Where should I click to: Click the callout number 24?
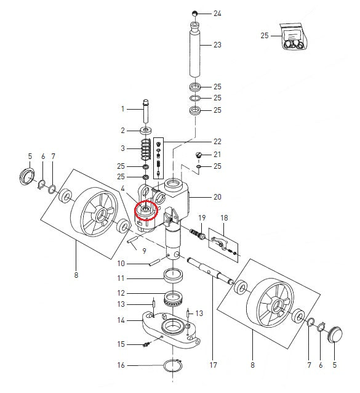click(x=217, y=13)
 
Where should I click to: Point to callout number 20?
click(x=217, y=198)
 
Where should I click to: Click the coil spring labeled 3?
click(x=146, y=150)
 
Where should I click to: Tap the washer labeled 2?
click(x=147, y=131)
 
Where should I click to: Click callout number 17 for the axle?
click(x=214, y=365)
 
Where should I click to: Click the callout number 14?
click(x=121, y=320)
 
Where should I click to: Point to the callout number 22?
click(x=217, y=141)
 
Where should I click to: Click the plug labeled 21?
click(x=199, y=155)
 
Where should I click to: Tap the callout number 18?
click(x=223, y=218)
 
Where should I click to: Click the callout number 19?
click(x=201, y=218)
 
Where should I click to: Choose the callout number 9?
click(x=144, y=251)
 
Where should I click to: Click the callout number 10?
click(x=121, y=264)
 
